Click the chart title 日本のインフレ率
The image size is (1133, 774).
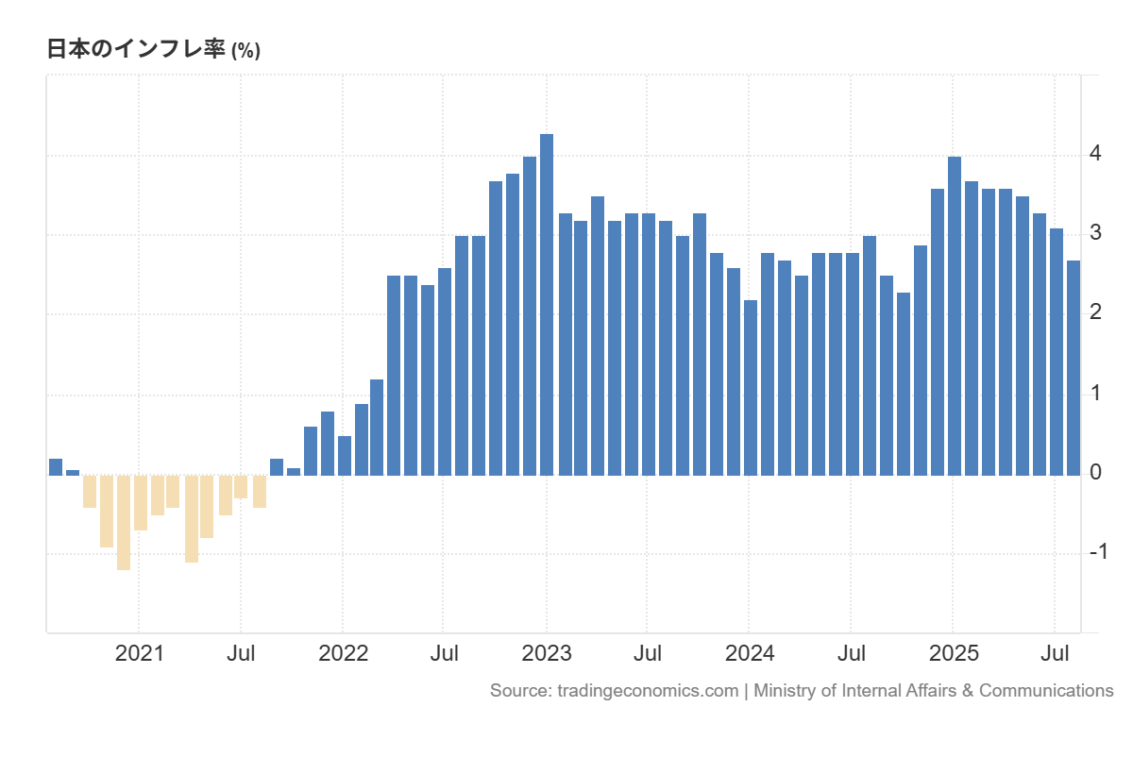click(x=137, y=50)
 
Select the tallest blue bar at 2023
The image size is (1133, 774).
click(x=547, y=304)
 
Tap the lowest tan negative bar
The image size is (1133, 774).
click(x=124, y=522)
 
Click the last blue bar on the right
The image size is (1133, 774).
click(x=1074, y=368)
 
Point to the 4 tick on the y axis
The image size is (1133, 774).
click(x=1095, y=153)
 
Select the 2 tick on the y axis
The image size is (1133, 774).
click(x=1095, y=312)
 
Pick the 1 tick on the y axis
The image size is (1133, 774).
click(x=1095, y=393)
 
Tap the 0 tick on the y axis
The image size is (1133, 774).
click(x=1095, y=472)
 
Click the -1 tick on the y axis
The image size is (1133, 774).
click(x=1098, y=552)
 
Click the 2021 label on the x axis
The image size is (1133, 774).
click(x=139, y=653)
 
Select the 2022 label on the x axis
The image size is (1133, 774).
click(x=343, y=653)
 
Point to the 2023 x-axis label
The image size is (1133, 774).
click(x=547, y=653)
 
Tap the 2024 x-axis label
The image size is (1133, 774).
click(x=750, y=653)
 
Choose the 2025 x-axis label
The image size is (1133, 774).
click(x=953, y=653)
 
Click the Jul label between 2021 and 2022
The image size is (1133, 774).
click(x=242, y=653)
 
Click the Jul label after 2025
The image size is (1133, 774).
click(x=1055, y=653)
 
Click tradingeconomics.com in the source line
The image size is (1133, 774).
click(x=648, y=691)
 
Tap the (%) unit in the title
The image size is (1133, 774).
click(x=245, y=52)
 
